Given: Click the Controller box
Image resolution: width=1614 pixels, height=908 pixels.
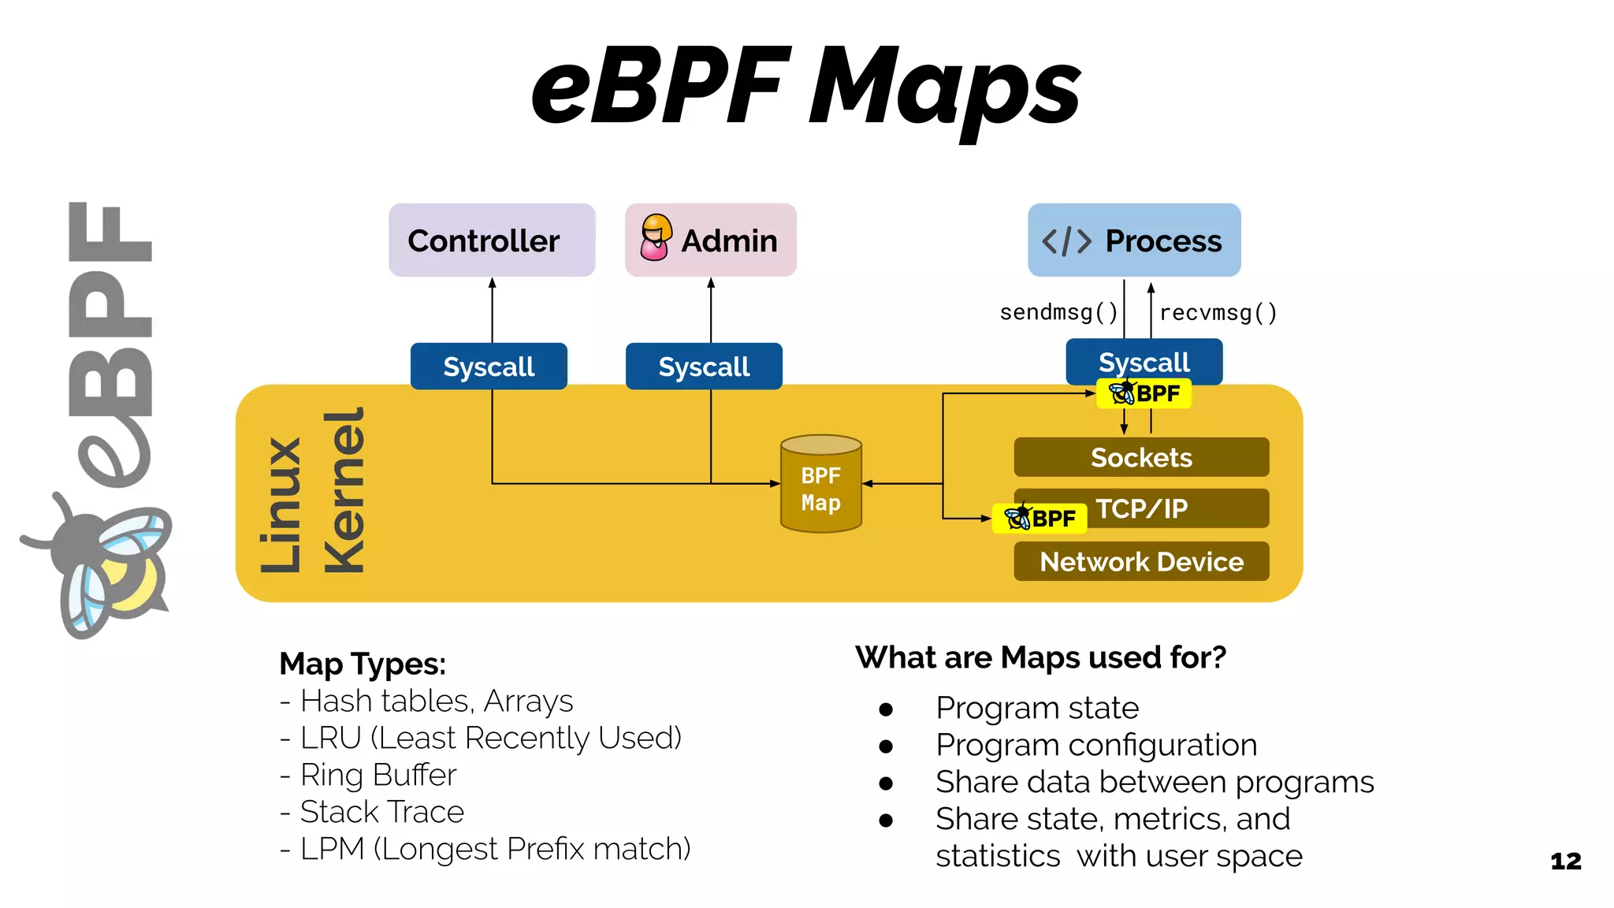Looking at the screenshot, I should [492, 240].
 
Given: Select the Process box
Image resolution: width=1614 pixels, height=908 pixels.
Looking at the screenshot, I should [1133, 240].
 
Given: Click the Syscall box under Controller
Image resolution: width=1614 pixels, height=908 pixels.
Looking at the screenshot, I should [489, 367].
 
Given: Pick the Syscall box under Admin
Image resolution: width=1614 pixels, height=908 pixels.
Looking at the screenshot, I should [704, 367].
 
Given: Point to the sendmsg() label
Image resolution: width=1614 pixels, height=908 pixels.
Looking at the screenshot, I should [1058, 313].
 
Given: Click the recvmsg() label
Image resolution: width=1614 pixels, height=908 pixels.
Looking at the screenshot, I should [1218, 313].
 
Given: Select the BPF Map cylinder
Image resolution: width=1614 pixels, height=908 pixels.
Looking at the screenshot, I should [820, 485].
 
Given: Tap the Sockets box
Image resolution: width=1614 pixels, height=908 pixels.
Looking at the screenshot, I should [1141, 458].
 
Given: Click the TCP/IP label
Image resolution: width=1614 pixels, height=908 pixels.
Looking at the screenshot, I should [1141, 509].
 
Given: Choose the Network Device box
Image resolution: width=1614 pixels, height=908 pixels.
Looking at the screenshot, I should [1141, 562].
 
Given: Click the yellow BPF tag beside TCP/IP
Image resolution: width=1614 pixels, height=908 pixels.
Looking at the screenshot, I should [1040, 519].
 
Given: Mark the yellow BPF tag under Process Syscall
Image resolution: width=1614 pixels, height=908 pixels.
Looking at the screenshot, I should [1144, 393].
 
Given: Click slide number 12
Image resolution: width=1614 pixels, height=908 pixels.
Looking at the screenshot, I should [1565, 861].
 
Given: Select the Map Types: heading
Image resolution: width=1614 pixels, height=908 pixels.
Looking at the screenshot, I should [363, 664].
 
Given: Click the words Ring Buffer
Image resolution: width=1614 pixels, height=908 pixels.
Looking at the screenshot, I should [378, 775].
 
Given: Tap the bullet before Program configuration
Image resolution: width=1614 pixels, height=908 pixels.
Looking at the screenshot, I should [886, 746].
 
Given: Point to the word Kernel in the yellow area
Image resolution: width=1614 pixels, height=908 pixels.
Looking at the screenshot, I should [344, 490].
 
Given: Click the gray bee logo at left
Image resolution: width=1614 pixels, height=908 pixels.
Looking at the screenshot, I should [102, 564].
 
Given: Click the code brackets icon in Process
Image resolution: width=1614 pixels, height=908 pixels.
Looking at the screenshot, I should [1066, 241].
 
